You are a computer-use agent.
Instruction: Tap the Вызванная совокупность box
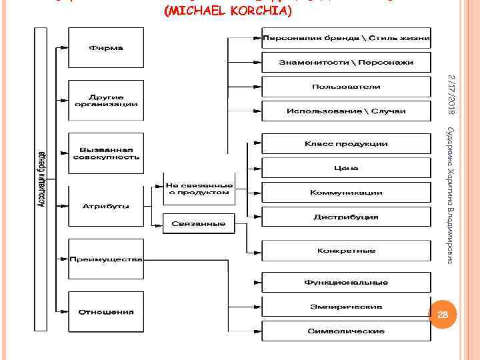click(x=106, y=153)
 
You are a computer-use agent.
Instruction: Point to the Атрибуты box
click(x=106, y=206)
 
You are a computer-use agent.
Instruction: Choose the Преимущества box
click(x=106, y=259)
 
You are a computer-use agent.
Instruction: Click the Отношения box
click(x=106, y=312)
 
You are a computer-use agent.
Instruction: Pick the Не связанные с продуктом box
click(x=199, y=189)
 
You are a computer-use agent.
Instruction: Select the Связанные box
click(x=199, y=224)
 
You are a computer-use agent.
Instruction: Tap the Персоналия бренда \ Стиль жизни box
click(x=346, y=37)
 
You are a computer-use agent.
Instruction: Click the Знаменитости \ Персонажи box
click(x=346, y=62)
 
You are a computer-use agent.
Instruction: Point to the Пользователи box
click(x=346, y=87)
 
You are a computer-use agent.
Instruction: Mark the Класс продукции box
click(x=346, y=144)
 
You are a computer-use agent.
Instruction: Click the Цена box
click(x=346, y=168)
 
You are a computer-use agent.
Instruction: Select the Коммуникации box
click(x=346, y=193)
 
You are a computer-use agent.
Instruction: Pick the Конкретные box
click(x=346, y=251)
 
